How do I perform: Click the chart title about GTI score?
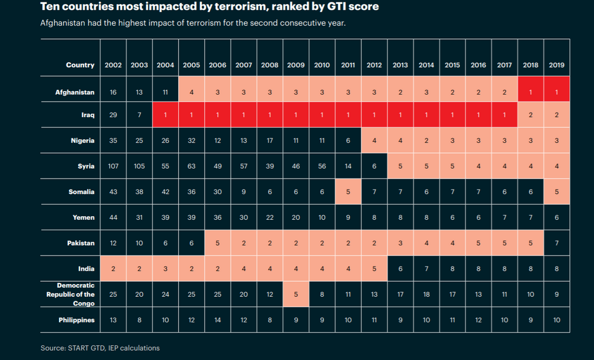pyautogui.click(x=211, y=8)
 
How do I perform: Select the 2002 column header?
pyautogui.click(x=113, y=66)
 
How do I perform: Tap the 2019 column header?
pyautogui.click(x=556, y=66)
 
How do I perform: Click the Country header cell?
pyautogui.click(x=79, y=66)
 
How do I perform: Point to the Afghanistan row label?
pyautogui.click(x=74, y=93)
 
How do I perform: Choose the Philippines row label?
pyautogui.click(x=76, y=320)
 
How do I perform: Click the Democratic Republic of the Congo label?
pyautogui.click(x=70, y=294)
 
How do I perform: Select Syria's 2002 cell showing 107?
pyautogui.click(x=113, y=166)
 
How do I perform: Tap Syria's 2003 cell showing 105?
pyautogui.click(x=139, y=166)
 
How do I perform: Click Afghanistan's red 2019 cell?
pyautogui.click(x=556, y=93)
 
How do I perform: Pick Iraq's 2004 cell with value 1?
pyautogui.click(x=165, y=115)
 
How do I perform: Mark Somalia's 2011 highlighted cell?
pyautogui.click(x=348, y=192)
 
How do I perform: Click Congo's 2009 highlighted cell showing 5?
pyautogui.click(x=296, y=294)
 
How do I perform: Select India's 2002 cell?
pyautogui.click(x=113, y=268)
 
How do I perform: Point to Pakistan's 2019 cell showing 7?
pyautogui.click(x=556, y=243)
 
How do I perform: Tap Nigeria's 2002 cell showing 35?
pyautogui.click(x=113, y=141)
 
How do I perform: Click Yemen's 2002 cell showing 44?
pyautogui.click(x=113, y=217)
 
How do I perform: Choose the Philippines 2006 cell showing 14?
pyautogui.click(x=218, y=320)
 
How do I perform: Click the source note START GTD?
pyautogui.click(x=100, y=348)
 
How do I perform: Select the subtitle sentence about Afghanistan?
pyautogui.click(x=193, y=24)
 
